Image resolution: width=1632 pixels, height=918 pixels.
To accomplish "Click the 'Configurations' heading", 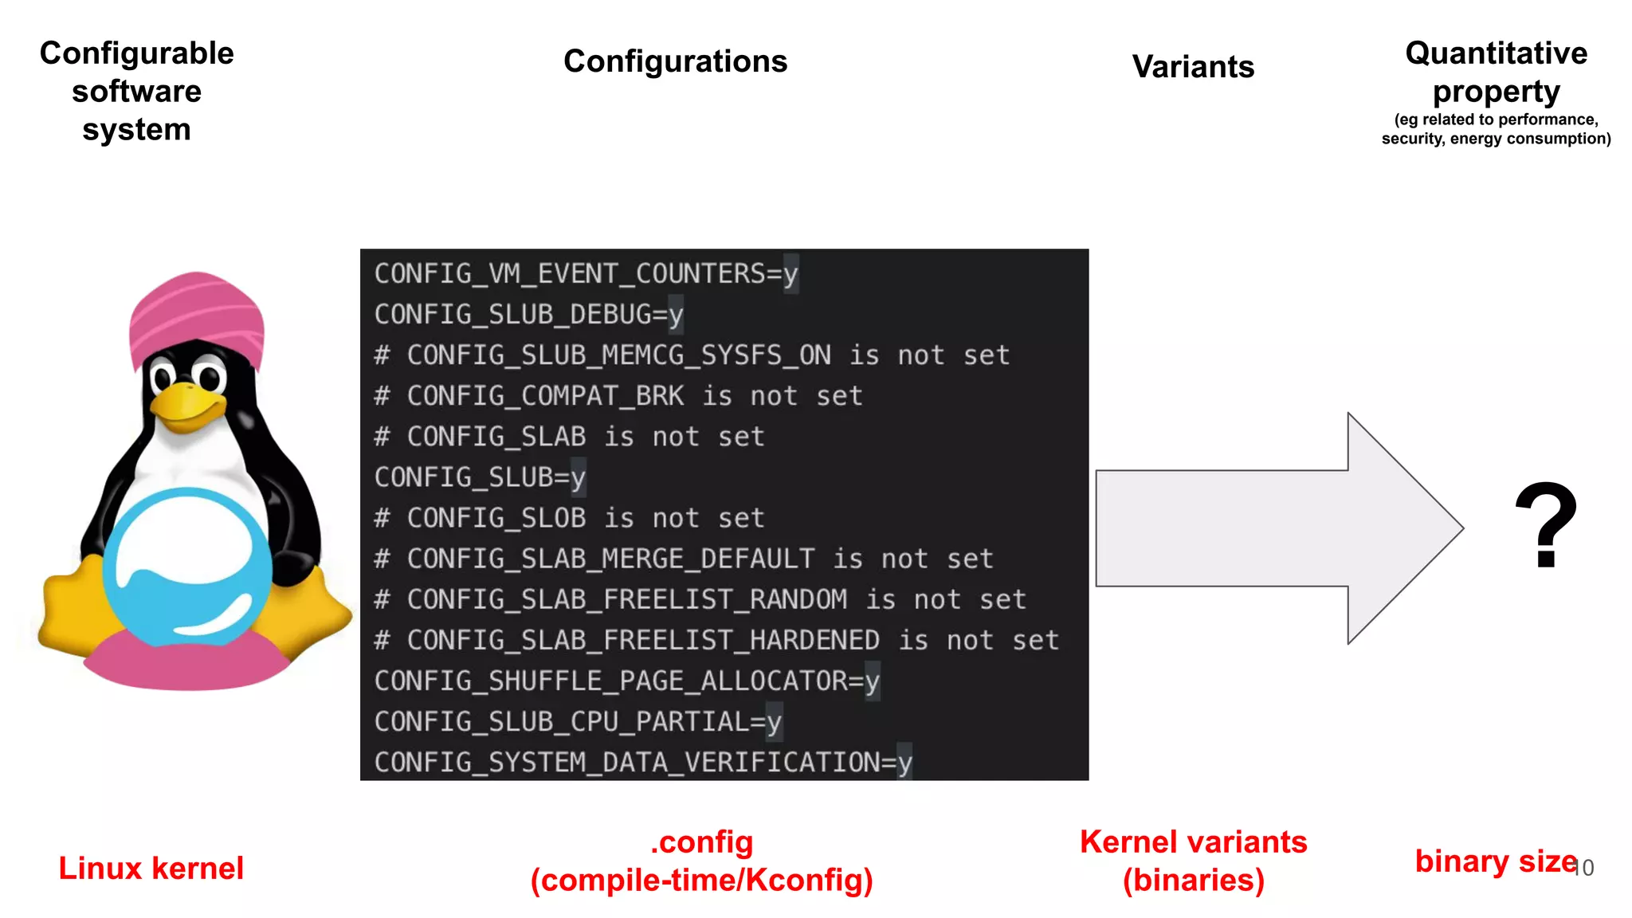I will (675, 61).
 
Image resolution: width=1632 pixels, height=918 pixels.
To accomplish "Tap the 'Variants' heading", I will (1193, 67).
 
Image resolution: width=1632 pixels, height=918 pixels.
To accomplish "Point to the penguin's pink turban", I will (196, 315).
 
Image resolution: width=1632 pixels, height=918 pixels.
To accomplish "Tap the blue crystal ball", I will (187, 567).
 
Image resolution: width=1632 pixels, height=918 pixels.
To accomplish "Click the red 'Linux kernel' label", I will (151, 868).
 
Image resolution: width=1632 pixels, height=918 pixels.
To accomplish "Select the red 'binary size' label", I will (1495, 861).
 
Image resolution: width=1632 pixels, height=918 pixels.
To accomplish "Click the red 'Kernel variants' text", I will (1193, 842).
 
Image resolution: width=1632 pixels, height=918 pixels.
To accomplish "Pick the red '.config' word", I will (701, 842).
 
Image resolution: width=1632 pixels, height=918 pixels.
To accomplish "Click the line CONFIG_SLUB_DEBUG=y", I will (528, 315).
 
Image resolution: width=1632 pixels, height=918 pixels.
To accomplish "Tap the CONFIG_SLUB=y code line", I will (480, 477).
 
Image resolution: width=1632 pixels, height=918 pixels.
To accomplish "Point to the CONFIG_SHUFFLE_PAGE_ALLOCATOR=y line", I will (626, 681).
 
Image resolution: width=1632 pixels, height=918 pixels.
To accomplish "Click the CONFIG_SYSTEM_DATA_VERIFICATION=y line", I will (642, 762).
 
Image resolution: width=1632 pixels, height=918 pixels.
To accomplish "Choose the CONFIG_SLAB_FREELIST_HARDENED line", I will (716, 640).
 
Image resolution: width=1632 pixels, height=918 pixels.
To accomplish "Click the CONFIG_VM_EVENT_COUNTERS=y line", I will (586, 274).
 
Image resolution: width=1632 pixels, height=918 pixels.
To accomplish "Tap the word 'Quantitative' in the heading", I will (1496, 53).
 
